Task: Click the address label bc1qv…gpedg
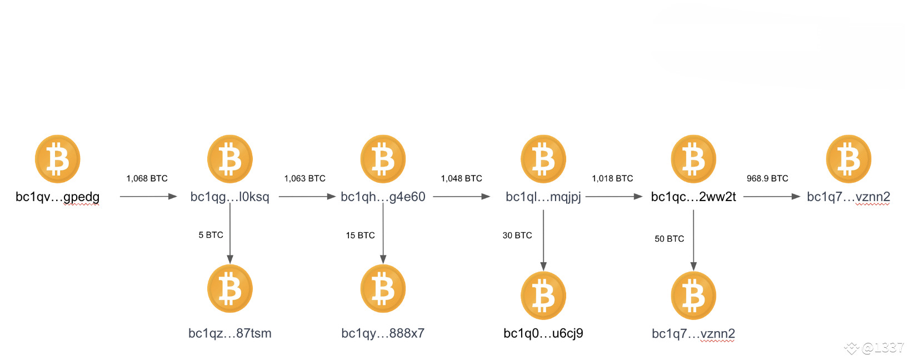coord(57,197)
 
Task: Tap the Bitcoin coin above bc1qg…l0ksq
coord(230,159)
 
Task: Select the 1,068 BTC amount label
coord(147,178)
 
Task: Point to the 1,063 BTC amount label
coord(304,178)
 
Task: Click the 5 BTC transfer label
coord(211,235)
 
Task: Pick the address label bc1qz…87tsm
coord(230,333)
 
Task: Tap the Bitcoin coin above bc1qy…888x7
coord(383,288)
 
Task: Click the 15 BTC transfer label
coord(360,236)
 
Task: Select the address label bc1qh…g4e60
coord(383,197)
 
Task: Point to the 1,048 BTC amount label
coord(461,178)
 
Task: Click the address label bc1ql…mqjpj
coord(543,197)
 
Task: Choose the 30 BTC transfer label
coord(517,236)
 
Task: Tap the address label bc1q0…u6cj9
coord(543,333)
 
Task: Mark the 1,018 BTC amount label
coord(612,178)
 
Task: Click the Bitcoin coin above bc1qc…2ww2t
coord(693,159)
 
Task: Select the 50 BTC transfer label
coord(669,239)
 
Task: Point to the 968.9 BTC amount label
coord(767,178)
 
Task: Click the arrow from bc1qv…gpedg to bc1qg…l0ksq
coord(148,197)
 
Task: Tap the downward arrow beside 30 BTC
coord(543,239)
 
